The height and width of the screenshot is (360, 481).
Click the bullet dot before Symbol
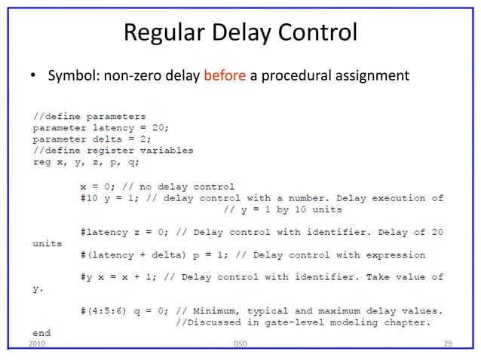pos(34,78)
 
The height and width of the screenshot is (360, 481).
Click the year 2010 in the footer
pos(35,344)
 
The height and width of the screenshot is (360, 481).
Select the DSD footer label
pos(240,344)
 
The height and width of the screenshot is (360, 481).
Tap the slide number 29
pos(448,344)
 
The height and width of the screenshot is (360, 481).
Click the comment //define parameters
pos(89,117)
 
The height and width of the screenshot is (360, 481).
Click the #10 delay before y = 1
pos(90,197)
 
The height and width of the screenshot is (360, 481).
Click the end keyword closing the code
pos(41,333)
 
